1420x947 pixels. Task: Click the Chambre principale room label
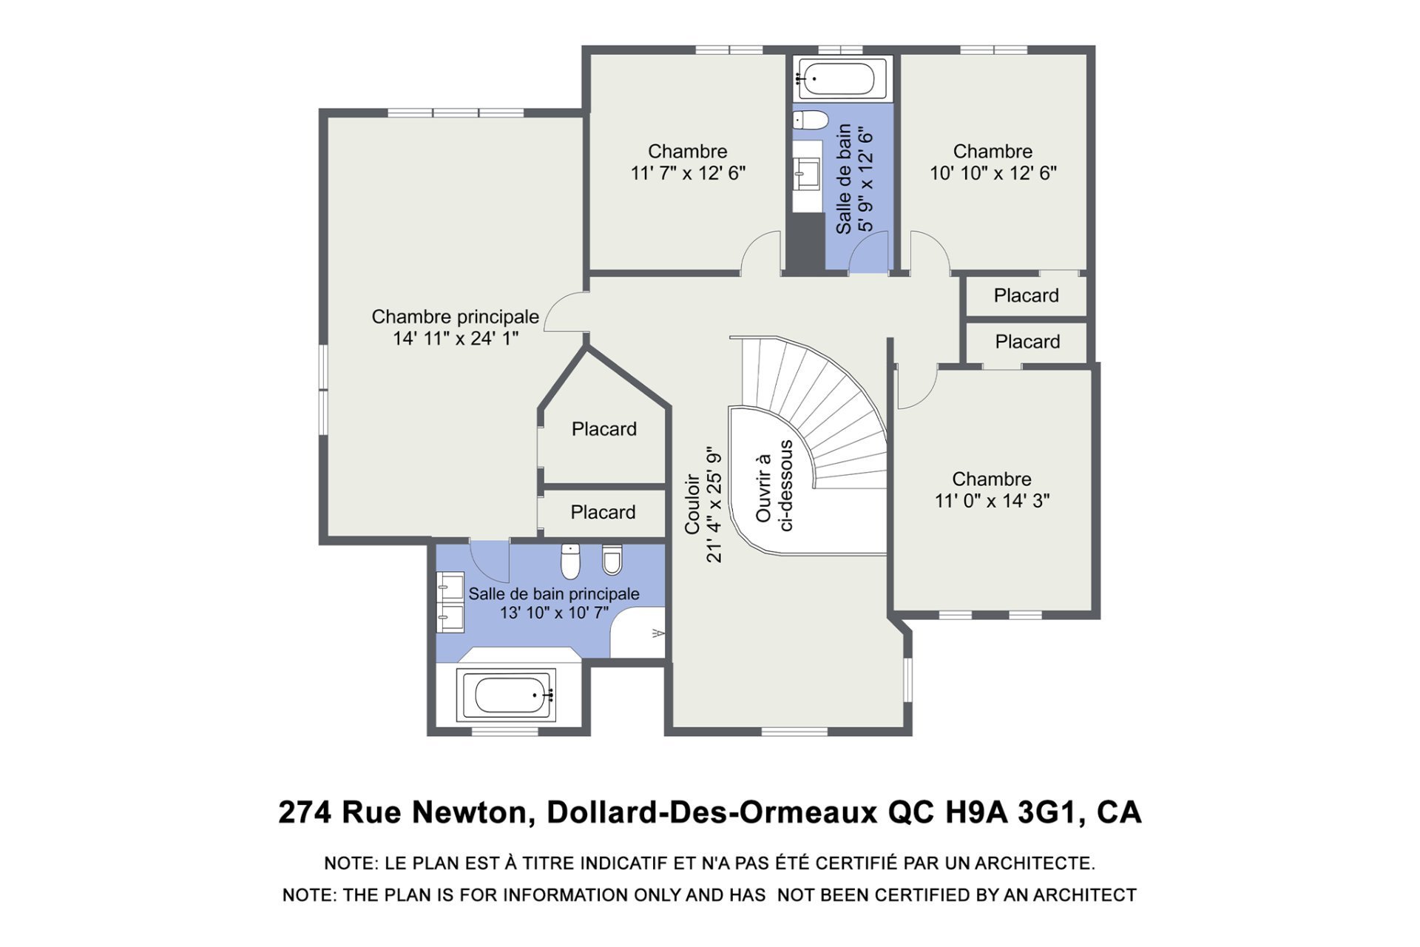pos(456,317)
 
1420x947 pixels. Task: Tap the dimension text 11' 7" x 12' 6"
pos(688,173)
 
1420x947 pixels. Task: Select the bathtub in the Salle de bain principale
pos(506,695)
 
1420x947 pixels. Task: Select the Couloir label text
pos(692,504)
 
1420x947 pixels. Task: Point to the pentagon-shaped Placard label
pos(604,429)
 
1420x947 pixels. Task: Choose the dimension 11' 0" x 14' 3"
pos(992,501)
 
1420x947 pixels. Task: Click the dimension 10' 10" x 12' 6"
pos(993,173)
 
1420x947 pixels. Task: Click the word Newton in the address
pos(468,812)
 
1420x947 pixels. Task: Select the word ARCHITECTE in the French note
pos(1035,863)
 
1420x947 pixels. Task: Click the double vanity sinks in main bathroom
pos(450,601)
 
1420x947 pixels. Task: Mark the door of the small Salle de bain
pos(868,252)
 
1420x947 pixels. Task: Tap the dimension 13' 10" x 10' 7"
pos(554,613)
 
